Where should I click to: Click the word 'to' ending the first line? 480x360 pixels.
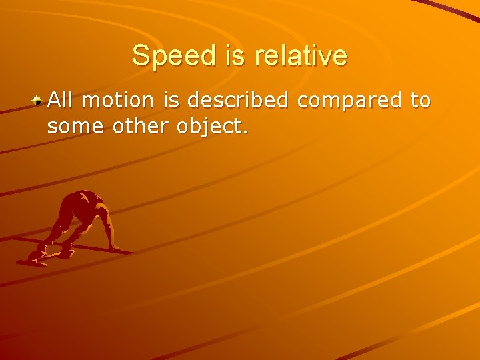[420, 101]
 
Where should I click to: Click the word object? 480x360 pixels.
[213, 126]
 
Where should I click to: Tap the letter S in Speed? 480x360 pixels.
[140, 55]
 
